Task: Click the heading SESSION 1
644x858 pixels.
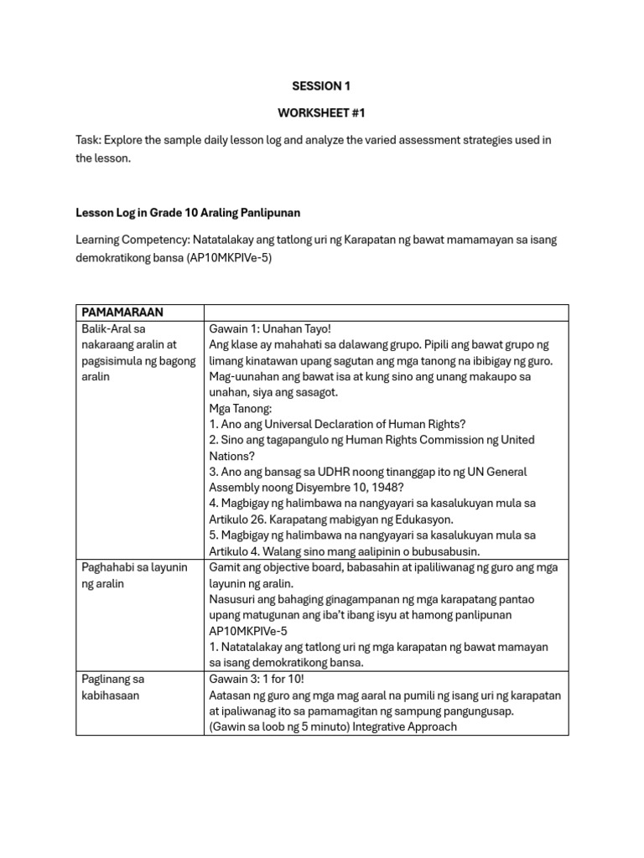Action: (321, 85)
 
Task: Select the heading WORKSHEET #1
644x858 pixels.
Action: (321, 112)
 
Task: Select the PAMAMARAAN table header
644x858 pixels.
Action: (122, 312)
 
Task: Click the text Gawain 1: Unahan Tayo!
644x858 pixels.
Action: (264, 328)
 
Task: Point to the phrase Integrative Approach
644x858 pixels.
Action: (405, 726)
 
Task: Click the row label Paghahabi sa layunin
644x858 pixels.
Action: (134, 567)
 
